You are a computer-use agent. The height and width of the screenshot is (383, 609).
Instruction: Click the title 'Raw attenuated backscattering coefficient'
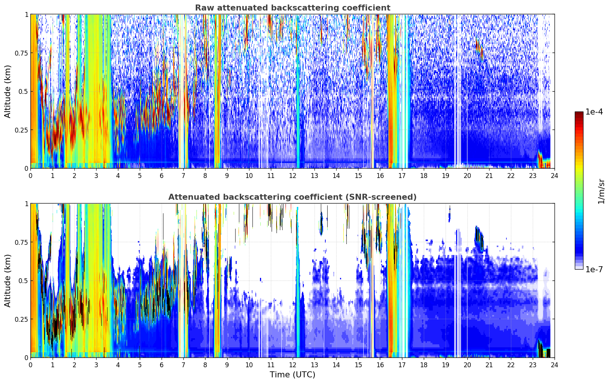pyautogui.click(x=292, y=8)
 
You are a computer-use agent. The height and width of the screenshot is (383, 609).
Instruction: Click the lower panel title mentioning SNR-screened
pyautogui.click(x=292, y=197)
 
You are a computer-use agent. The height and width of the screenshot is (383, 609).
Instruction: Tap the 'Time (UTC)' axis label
pyautogui.click(x=292, y=375)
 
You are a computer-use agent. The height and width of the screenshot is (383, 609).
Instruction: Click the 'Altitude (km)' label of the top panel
pyautogui.click(x=8, y=91)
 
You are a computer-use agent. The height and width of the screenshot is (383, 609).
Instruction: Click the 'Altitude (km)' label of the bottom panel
pyautogui.click(x=8, y=280)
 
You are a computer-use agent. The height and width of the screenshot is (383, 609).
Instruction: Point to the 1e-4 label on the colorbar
pyautogui.click(x=594, y=112)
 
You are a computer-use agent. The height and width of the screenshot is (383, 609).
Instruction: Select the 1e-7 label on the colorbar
pyautogui.click(x=594, y=269)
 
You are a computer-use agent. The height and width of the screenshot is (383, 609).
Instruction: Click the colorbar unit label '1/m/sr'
pyautogui.click(x=601, y=191)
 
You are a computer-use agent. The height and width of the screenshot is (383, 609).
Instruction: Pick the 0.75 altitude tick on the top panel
pyautogui.click(x=21, y=53)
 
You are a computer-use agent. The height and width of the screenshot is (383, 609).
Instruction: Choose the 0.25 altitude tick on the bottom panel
pyautogui.click(x=21, y=319)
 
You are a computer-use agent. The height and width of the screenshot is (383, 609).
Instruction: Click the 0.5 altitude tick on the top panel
pyautogui.click(x=23, y=91)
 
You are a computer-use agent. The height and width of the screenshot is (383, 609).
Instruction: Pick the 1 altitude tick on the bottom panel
pyautogui.click(x=26, y=204)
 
